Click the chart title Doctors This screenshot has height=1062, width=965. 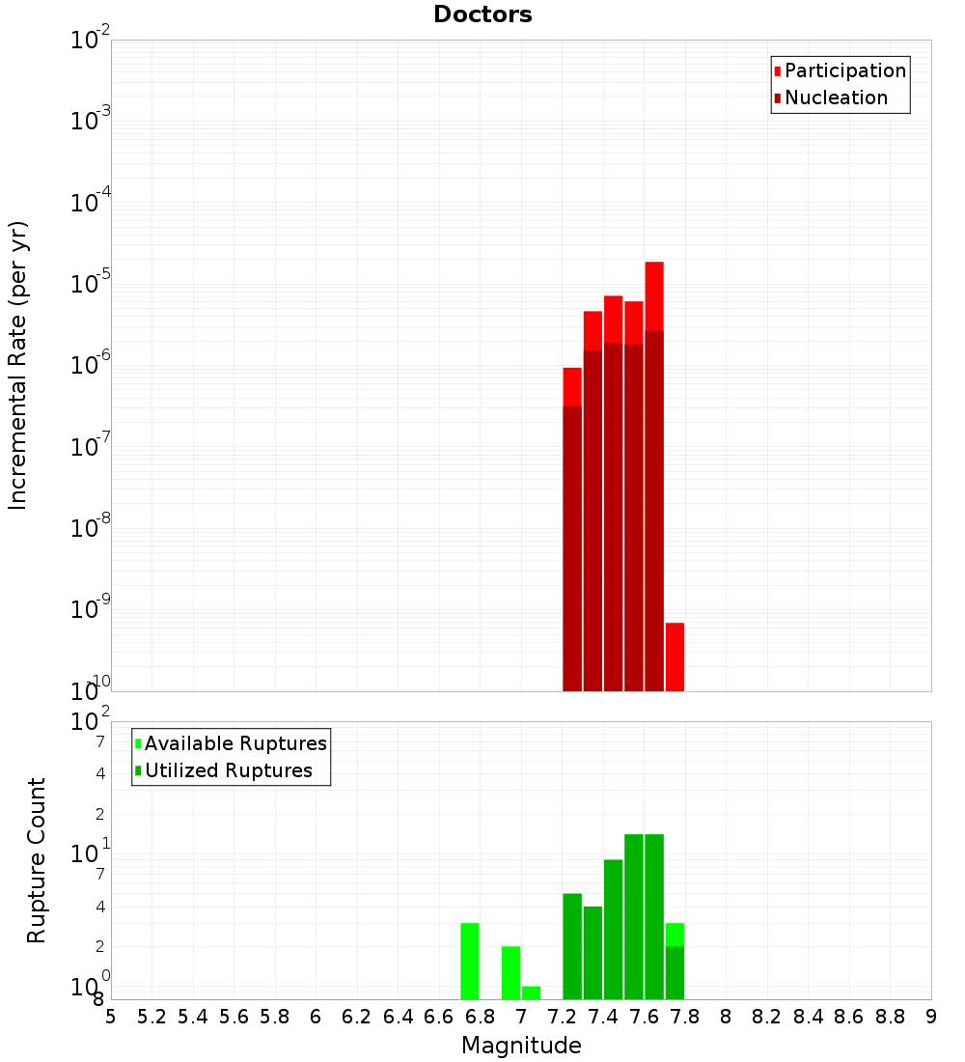[482, 14]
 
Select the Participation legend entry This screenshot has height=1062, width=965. [844, 70]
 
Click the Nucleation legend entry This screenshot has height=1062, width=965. [835, 98]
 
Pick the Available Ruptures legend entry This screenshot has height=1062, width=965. [234, 743]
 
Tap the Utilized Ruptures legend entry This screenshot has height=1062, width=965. [227, 770]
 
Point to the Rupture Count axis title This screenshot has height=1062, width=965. [37, 859]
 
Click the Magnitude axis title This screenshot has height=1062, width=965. [521, 1046]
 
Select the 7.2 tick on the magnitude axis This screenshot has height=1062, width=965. [562, 1017]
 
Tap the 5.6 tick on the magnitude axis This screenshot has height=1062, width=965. [234, 1017]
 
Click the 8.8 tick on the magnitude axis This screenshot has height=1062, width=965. [890, 1017]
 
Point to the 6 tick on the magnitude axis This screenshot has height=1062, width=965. [316, 1017]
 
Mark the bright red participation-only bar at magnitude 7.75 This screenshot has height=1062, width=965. [675, 657]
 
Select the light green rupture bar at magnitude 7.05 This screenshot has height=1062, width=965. [531, 992]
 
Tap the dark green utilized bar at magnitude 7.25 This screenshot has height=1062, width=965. [572, 946]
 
